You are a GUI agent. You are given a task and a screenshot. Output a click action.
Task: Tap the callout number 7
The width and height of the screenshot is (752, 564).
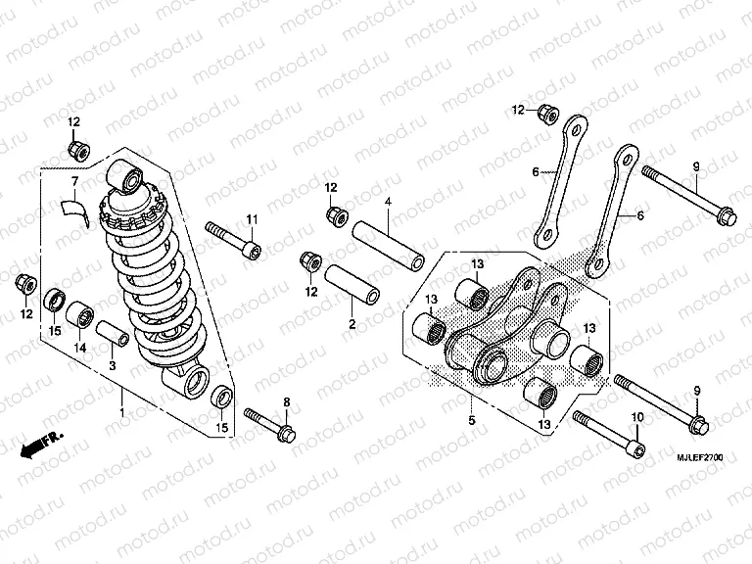click(x=72, y=182)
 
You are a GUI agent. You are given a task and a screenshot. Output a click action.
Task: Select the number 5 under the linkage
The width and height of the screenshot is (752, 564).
click(x=470, y=420)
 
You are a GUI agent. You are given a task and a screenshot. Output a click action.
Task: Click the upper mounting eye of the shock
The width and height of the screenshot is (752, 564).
click(x=128, y=176)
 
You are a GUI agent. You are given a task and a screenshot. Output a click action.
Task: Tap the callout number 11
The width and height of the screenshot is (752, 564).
click(x=252, y=217)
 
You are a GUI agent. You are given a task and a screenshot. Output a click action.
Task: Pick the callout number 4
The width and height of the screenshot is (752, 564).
click(x=388, y=202)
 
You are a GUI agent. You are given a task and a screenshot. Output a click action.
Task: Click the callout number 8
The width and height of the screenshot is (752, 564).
click(x=287, y=402)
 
